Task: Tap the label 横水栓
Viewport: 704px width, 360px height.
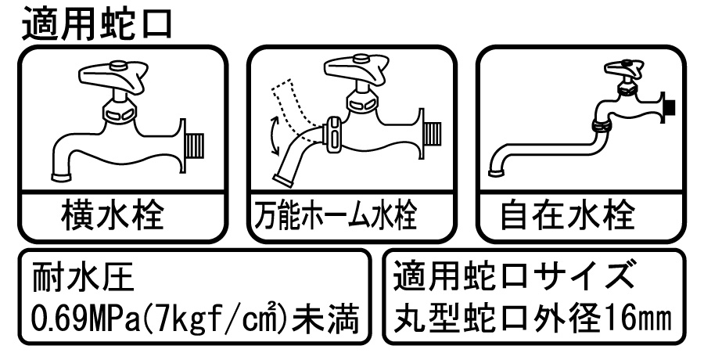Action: click(x=112, y=215)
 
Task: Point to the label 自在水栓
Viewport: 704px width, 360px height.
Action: click(x=568, y=215)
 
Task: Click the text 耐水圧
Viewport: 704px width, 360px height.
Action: click(x=83, y=277)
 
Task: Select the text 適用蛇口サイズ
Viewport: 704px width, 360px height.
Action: click(x=514, y=276)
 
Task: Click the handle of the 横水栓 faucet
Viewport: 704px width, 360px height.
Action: click(x=113, y=74)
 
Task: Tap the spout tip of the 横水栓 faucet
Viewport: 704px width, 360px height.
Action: click(x=61, y=176)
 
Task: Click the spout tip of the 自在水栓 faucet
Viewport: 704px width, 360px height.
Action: click(x=497, y=172)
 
